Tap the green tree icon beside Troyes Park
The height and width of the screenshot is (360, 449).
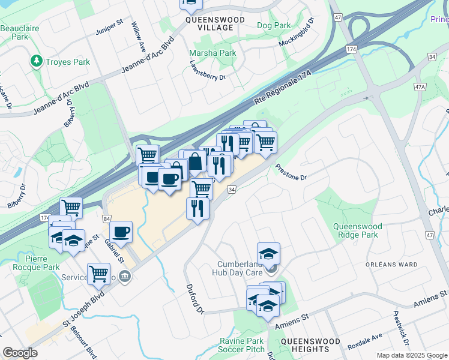[x=37, y=61]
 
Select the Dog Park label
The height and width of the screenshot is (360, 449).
[x=273, y=26]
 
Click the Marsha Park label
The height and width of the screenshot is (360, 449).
[x=212, y=53]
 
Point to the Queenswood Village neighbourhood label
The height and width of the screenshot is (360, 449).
[x=215, y=23]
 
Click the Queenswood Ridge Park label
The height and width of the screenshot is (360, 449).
[x=364, y=230]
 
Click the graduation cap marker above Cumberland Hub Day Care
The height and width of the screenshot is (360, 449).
[x=268, y=253]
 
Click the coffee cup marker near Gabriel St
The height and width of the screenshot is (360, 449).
[x=121, y=231]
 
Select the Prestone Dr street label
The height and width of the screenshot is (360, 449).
[x=291, y=173]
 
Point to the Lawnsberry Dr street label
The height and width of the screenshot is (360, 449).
[x=207, y=70]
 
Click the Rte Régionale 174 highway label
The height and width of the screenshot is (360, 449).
[x=283, y=88]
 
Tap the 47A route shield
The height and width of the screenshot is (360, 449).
[x=420, y=87]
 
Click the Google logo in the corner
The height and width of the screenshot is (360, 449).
[x=20, y=353]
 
